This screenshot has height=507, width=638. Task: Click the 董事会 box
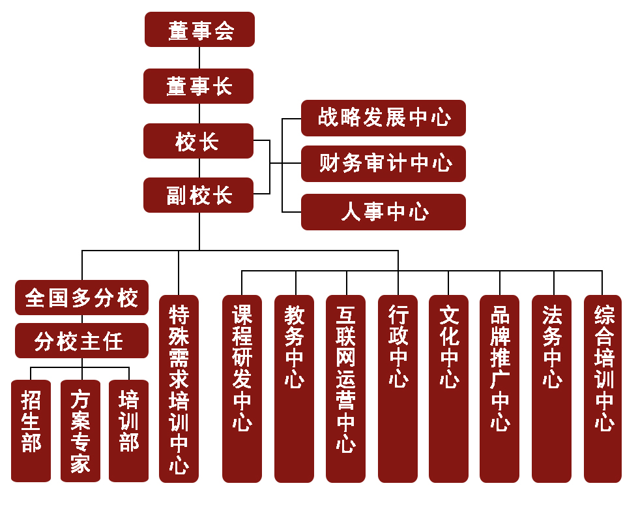pos(199,29)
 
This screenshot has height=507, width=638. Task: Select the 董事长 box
pos(198,86)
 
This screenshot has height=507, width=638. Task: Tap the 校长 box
pos(198,141)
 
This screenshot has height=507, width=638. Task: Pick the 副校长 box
pos(198,194)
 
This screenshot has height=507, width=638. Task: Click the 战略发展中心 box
pos(383,118)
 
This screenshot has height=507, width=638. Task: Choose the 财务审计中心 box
pos(383,164)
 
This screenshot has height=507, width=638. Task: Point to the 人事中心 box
pos(383,212)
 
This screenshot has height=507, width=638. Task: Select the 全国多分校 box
pos(81,298)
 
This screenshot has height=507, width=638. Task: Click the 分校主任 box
pos(81,341)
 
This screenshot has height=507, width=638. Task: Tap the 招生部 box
pos(31,431)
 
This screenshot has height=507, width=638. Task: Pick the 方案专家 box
pos(80,431)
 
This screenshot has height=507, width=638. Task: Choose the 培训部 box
pos(128,431)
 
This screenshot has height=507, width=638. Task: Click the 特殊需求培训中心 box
pos(179,389)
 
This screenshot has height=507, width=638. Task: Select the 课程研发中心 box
pos(242,389)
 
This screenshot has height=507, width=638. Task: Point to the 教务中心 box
pos(294,389)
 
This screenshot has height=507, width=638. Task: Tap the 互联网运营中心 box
pos(345,389)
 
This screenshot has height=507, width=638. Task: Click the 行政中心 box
pos(398,389)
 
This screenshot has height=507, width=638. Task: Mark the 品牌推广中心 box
pos(499,389)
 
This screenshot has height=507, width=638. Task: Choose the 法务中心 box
pos(551,389)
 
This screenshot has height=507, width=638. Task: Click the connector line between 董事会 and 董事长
pos(199,57)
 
